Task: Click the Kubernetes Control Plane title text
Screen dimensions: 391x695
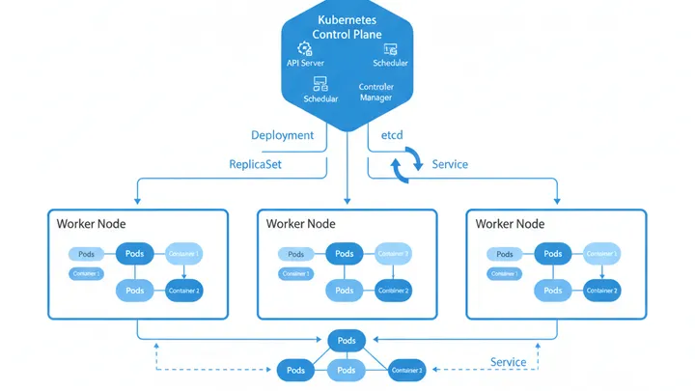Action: pos(347,27)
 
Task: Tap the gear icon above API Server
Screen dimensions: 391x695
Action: pos(305,48)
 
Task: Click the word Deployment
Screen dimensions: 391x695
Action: pos(282,135)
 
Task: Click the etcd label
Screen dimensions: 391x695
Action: pos(392,135)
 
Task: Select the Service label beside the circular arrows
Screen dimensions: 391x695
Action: pos(450,164)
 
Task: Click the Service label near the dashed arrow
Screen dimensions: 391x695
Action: pos(508,362)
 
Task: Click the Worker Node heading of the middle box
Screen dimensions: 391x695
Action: pos(300,224)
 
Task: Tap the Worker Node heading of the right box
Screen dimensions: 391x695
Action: pos(510,224)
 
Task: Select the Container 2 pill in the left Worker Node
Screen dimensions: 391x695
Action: pos(183,290)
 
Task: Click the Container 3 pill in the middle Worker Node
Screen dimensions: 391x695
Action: pos(393,254)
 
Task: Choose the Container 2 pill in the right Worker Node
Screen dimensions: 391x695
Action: pos(602,290)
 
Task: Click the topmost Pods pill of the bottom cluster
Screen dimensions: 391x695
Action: pos(347,341)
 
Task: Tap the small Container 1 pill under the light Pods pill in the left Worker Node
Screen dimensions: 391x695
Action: pos(87,274)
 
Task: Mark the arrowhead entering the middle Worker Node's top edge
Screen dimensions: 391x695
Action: pos(347,204)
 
